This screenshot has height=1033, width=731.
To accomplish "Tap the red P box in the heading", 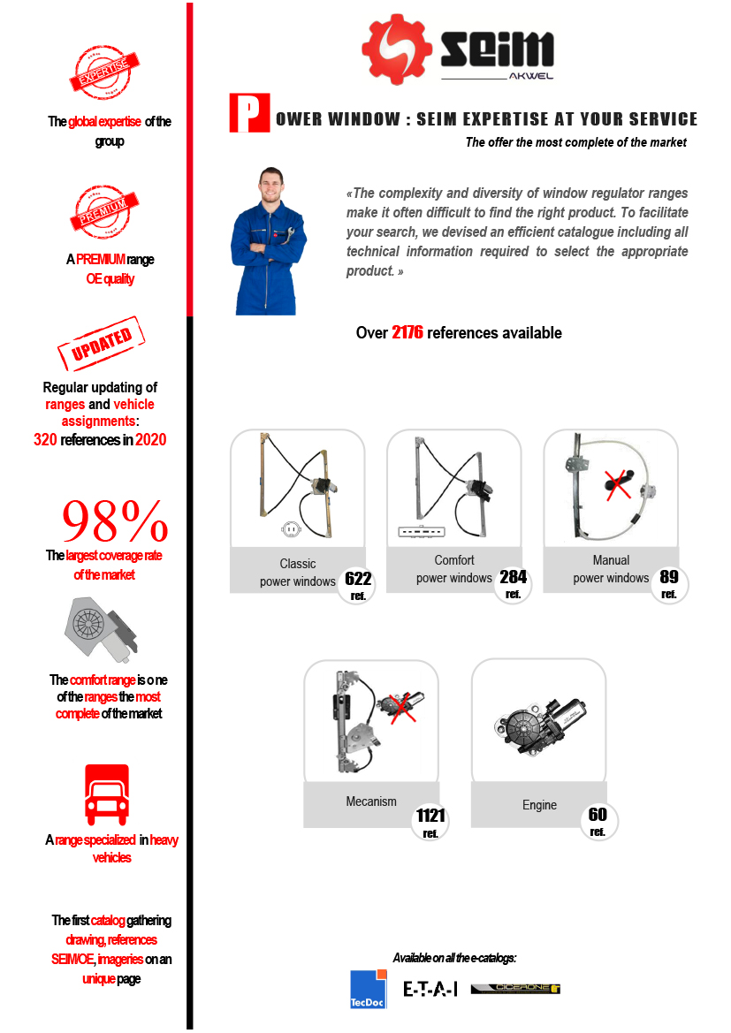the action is [x=249, y=113].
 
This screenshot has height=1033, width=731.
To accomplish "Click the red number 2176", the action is [x=407, y=332].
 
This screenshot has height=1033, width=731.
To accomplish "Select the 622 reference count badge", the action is [x=358, y=584].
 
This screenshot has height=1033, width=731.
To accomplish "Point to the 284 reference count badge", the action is [x=513, y=583].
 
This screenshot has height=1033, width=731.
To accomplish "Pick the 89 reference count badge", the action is [x=669, y=583].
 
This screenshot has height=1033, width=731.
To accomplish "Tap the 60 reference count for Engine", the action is [x=598, y=821].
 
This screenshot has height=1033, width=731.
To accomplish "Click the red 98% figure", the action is [x=115, y=520].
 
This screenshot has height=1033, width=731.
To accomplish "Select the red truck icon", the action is [x=107, y=794].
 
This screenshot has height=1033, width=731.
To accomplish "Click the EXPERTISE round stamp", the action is [x=104, y=72].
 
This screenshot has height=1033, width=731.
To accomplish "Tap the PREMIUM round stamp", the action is [x=104, y=211].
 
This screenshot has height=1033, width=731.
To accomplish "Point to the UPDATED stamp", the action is [x=102, y=343].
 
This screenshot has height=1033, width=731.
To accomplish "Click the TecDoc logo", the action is [x=368, y=989].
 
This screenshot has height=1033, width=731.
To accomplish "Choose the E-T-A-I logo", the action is [x=430, y=988].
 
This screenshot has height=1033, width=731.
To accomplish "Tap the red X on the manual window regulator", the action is [x=618, y=485].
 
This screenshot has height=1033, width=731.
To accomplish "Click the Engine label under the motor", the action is [x=539, y=805].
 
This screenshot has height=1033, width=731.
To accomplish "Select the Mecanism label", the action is [x=371, y=801].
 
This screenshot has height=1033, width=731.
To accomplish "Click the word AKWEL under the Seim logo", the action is [x=531, y=76].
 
